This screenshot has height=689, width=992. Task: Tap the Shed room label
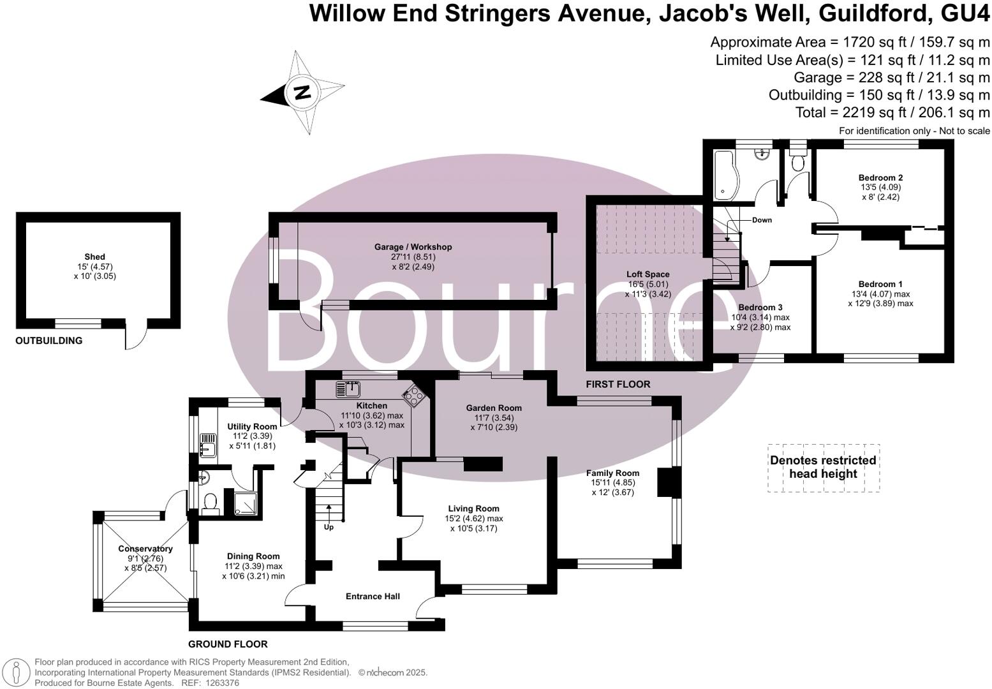(94, 257)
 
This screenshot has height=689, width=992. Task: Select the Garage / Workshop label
(413, 247)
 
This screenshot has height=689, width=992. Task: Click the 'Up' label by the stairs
(329, 527)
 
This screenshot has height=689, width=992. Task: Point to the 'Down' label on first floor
(762, 220)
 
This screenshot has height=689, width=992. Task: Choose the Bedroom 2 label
(880, 177)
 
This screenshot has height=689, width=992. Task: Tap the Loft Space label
(648, 274)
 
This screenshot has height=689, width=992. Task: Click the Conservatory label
(145, 549)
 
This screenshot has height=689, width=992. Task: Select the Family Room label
(612, 473)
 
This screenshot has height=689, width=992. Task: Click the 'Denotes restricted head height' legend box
(823, 468)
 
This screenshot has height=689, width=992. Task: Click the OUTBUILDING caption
(49, 341)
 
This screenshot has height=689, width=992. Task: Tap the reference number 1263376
(220, 683)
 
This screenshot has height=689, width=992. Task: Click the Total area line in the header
(892, 112)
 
